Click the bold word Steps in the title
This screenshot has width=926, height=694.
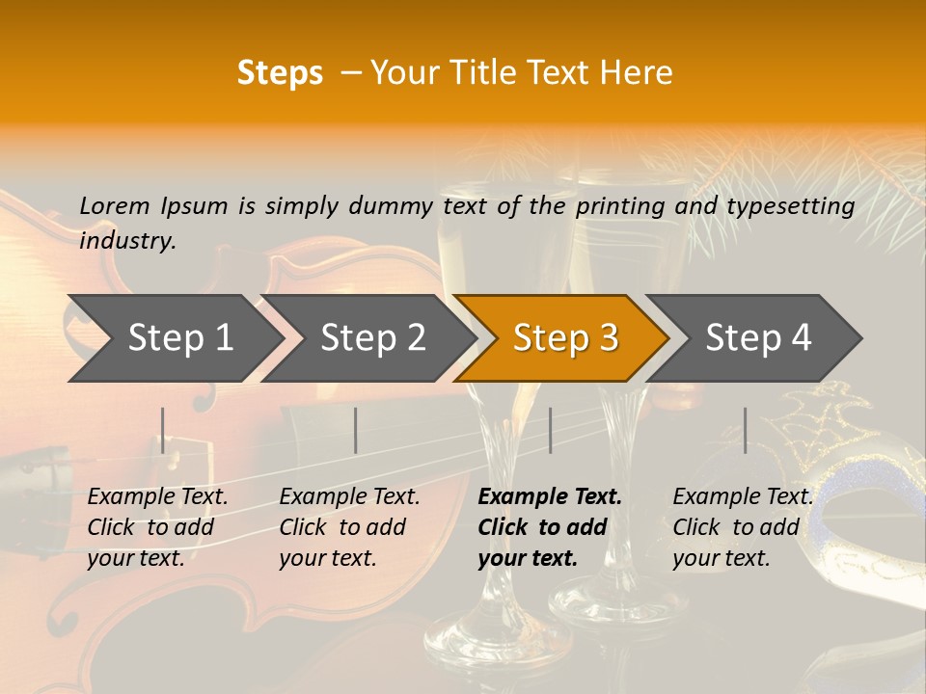pyautogui.click(x=280, y=73)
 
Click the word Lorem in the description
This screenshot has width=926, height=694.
pyautogui.click(x=115, y=205)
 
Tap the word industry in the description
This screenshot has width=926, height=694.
pyautogui.click(x=127, y=241)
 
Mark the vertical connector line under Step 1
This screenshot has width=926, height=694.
pyautogui.click(x=163, y=430)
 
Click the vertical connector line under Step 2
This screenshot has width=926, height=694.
pyautogui.click(x=356, y=430)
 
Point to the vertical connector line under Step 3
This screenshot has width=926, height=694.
pyautogui.click(x=550, y=430)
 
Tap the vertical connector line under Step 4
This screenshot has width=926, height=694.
pyautogui.click(x=745, y=430)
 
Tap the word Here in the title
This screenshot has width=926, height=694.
pyautogui.click(x=638, y=73)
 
